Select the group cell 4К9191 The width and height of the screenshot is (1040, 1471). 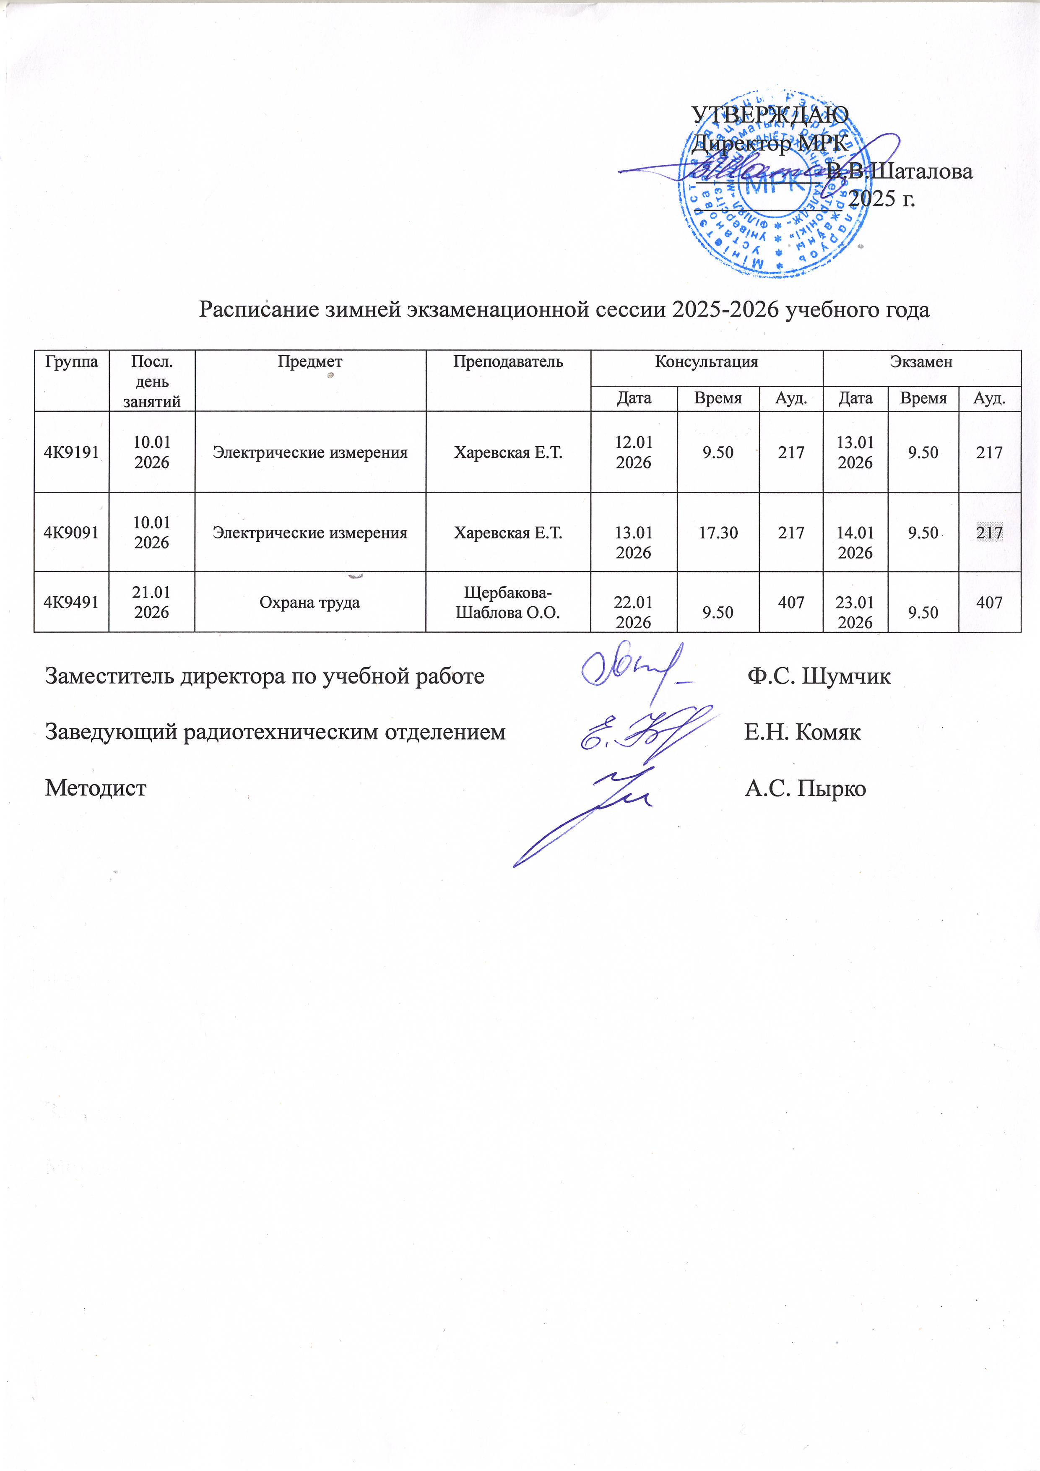(71, 452)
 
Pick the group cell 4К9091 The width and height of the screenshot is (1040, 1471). (71, 533)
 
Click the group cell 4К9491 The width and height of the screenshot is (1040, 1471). (71, 602)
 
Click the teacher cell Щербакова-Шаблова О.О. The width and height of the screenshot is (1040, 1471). (507, 602)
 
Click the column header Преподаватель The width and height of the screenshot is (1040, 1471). (507, 361)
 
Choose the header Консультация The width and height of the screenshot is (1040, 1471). (706, 361)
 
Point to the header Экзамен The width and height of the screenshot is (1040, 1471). (921, 361)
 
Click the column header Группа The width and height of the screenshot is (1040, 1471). (71, 361)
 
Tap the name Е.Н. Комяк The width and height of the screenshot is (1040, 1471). (802, 732)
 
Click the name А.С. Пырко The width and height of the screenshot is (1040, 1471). (805, 788)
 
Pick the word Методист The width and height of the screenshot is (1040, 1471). (96, 788)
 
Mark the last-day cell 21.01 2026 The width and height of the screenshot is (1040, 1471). (151, 602)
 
